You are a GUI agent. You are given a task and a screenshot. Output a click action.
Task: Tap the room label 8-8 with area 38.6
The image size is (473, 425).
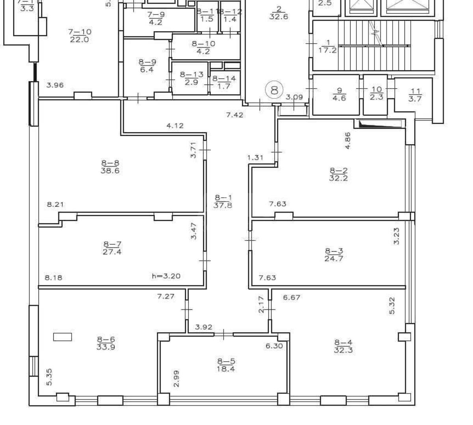click(110, 167)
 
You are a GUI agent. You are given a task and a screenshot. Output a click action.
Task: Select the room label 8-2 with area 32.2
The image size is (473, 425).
click(338, 174)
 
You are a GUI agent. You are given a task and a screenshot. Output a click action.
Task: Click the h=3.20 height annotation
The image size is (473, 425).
click(166, 276)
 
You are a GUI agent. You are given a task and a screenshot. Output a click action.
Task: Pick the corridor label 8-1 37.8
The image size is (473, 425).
click(223, 201)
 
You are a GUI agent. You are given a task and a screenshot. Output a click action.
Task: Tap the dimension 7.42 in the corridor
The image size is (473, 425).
click(235, 115)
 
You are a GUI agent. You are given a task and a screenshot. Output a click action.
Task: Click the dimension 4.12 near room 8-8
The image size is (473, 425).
click(175, 126)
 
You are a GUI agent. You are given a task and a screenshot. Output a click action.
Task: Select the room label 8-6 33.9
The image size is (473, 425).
click(106, 343)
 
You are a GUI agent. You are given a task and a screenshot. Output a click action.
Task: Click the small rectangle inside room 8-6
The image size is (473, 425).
click(63, 337)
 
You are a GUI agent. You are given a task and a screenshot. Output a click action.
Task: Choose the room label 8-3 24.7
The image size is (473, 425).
click(333, 255)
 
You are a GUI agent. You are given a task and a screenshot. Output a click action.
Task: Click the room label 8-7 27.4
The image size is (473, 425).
click(112, 248)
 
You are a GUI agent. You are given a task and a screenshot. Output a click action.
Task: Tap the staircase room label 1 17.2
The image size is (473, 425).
click(328, 46)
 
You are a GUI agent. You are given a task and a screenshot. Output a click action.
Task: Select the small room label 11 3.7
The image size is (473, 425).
click(415, 95)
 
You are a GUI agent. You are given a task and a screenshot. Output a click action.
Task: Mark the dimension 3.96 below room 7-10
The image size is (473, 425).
click(55, 85)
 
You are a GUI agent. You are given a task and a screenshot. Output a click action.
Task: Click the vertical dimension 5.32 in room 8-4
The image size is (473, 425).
click(391, 306)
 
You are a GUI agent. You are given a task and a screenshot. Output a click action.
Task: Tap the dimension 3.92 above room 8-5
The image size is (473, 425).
click(204, 327)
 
